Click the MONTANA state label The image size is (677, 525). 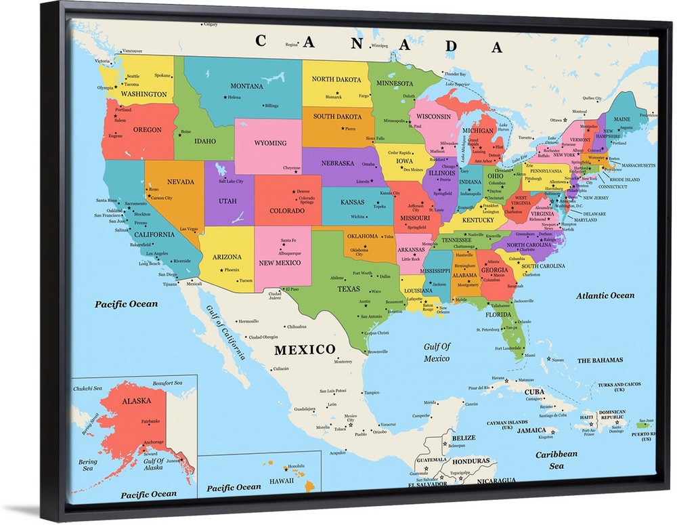[x=246, y=86]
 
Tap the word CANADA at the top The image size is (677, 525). [x=380, y=43]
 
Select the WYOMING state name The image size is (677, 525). [x=270, y=143]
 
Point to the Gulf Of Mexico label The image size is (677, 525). [x=437, y=352]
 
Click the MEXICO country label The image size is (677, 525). [x=304, y=350]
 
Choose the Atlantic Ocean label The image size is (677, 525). [x=605, y=295]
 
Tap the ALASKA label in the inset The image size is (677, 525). [x=136, y=401]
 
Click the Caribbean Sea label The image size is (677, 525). [x=556, y=460]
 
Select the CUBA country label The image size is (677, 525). [x=534, y=392]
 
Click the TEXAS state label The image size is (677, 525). [x=349, y=289]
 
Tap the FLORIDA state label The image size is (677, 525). [x=498, y=314]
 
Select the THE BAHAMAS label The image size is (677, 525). [x=600, y=360]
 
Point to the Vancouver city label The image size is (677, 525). [x=132, y=51]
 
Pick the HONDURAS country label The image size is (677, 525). [x=471, y=461]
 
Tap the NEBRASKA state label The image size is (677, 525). [x=337, y=163]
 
